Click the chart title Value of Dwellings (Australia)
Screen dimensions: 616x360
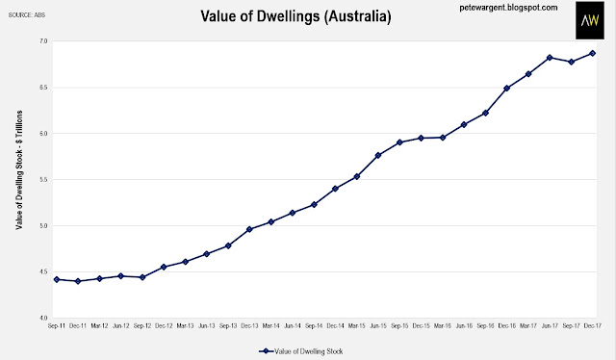click(x=295, y=16)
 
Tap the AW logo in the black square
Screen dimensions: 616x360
click(x=590, y=20)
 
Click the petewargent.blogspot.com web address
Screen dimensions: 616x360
click(x=508, y=8)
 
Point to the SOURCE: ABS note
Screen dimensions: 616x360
click(x=27, y=15)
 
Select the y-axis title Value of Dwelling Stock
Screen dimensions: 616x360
click(x=19, y=169)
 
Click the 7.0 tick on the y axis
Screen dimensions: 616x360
click(x=43, y=40)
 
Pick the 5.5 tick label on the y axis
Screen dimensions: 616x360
click(x=43, y=180)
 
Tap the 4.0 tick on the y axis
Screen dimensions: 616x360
click(x=43, y=318)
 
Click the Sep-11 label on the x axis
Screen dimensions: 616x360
click(x=57, y=325)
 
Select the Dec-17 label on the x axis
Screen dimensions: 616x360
click(x=593, y=325)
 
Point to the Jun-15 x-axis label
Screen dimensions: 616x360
click(x=378, y=325)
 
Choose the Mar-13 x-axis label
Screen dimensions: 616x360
click(x=185, y=325)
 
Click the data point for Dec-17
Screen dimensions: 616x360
click(x=593, y=53)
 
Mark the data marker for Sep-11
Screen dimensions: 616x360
click(x=57, y=279)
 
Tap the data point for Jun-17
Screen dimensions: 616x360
click(x=550, y=58)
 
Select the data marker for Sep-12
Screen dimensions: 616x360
click(x=142, y=277)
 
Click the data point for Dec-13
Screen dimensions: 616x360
click(x=249, y=229)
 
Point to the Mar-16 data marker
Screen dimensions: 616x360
click(x=443, y=138)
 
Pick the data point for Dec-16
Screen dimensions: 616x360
click(x=507, y=88)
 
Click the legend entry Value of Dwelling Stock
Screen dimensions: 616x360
click(x=301, y=351)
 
